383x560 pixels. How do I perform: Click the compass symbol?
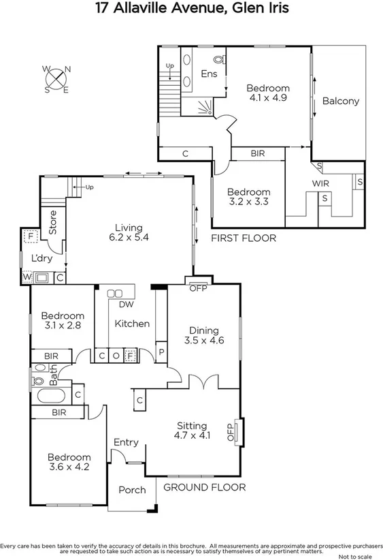pyautogui.click(x=56, y=79)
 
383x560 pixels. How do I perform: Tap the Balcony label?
pyautogui.click(x=340, y=101)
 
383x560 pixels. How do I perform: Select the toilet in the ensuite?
pyautogui.click(x=218, y=59)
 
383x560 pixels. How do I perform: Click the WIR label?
pyautogui.click(x=320, y=184)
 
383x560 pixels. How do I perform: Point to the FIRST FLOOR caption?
pyautogui.click(x=244, y=238)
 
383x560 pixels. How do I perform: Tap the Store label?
pyautogui.click(x=52, y=222)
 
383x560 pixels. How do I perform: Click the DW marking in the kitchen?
pyautogui.click(x=126, y=305)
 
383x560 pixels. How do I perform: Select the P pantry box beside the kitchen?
pyautogui.click(x=161, y=353)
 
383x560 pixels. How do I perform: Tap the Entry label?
pyautogui.click(x=126, y=442)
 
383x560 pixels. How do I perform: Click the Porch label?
pyautogui.click(x=132, y=490)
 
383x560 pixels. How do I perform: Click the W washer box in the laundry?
pyautogui.click(x=27, y=277)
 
